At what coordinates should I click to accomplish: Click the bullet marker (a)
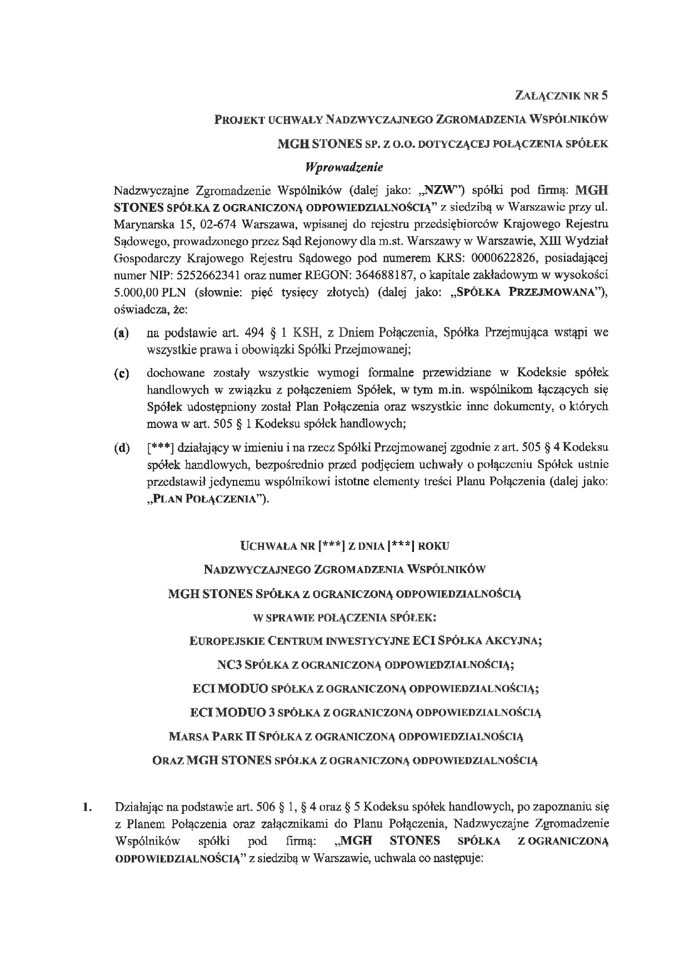click(x=121, y=334)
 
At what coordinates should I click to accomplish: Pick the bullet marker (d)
click(x=121, y=448)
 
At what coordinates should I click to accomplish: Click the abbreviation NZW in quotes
click(x=435, y=190)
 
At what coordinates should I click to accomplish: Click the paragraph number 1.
click(x=87, y=807)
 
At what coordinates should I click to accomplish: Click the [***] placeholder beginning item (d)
click(x=161, y=448)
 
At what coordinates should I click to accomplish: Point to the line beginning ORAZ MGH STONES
click(x=345, y=760)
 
